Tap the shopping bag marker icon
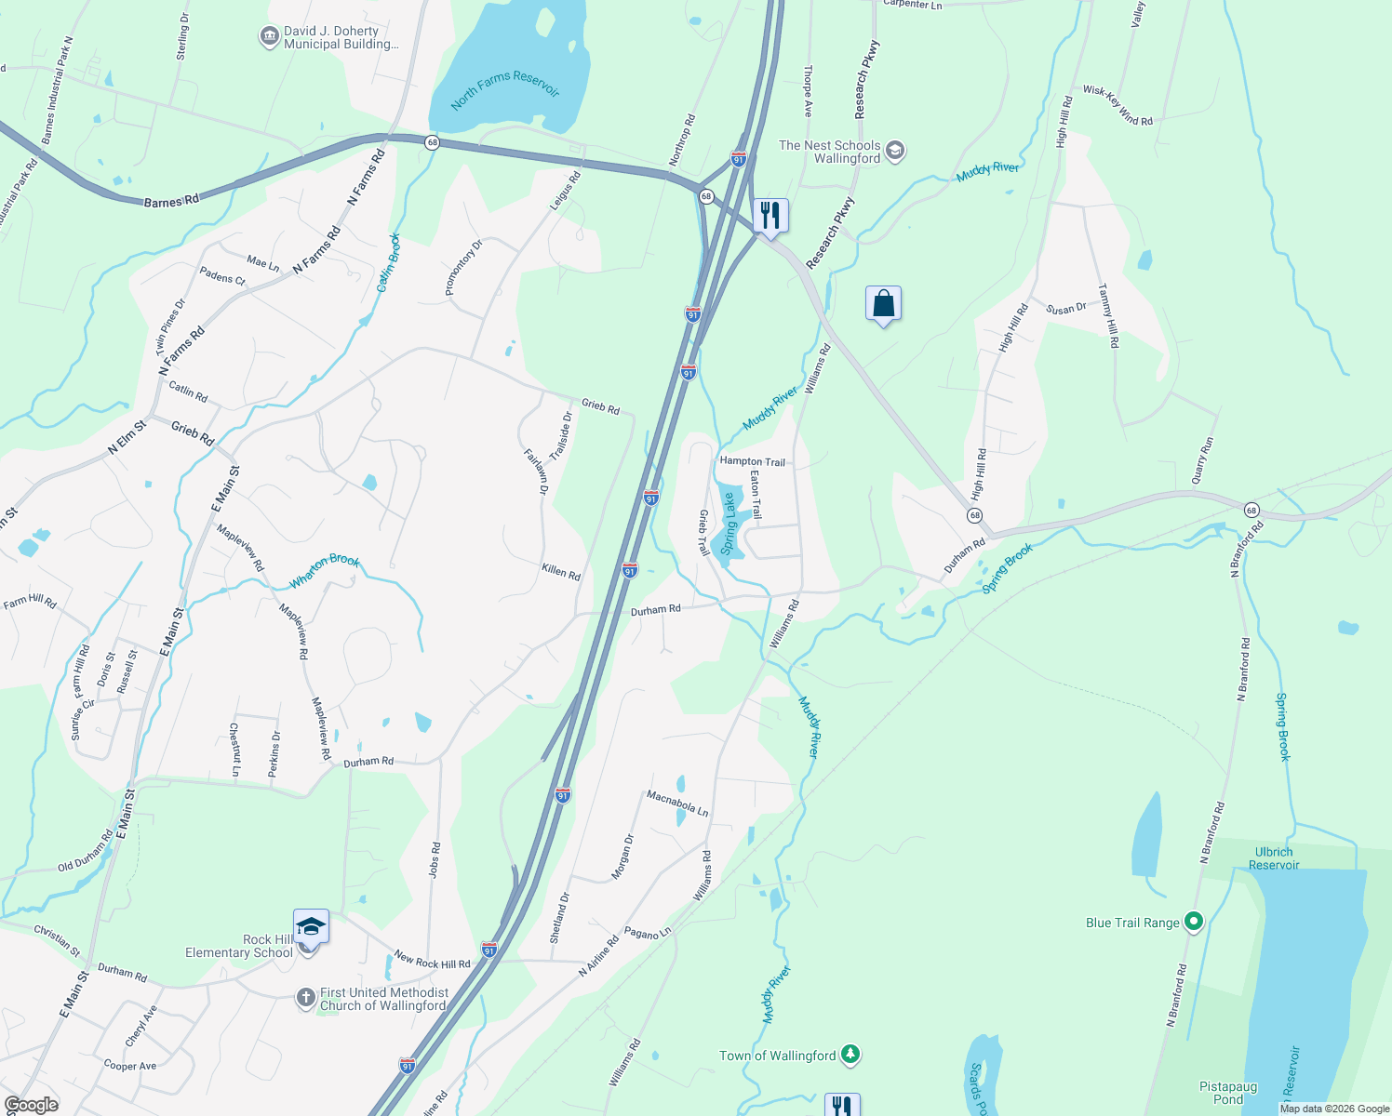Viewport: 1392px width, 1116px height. coord(883,303)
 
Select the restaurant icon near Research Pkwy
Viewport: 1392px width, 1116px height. coord(770,216)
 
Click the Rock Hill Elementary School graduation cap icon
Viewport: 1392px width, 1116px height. coord(311,927)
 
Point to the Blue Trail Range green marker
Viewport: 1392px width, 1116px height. coord(1194,922)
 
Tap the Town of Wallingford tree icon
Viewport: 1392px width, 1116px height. coord(850,1055)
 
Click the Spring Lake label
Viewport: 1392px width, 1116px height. coord(729,524)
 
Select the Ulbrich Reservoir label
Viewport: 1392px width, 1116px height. coord(1274,858)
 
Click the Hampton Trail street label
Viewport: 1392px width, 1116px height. coord(752,461)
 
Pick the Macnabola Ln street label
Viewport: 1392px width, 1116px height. coord(677,804)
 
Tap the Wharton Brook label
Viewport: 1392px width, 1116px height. coord(324,571)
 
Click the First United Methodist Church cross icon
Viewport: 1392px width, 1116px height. coord(305,998)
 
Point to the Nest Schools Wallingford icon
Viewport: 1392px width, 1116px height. coord(895,151)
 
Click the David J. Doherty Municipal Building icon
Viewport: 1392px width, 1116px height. coord(269,37)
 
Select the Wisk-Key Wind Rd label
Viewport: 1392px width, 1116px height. coord(1118,105)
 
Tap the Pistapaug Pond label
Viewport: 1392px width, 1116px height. coord(1228,1093)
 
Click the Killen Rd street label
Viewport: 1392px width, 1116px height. coord(561,571)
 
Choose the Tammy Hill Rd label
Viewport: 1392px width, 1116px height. coord(1108,315)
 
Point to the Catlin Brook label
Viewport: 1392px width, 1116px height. coord(389,262)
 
